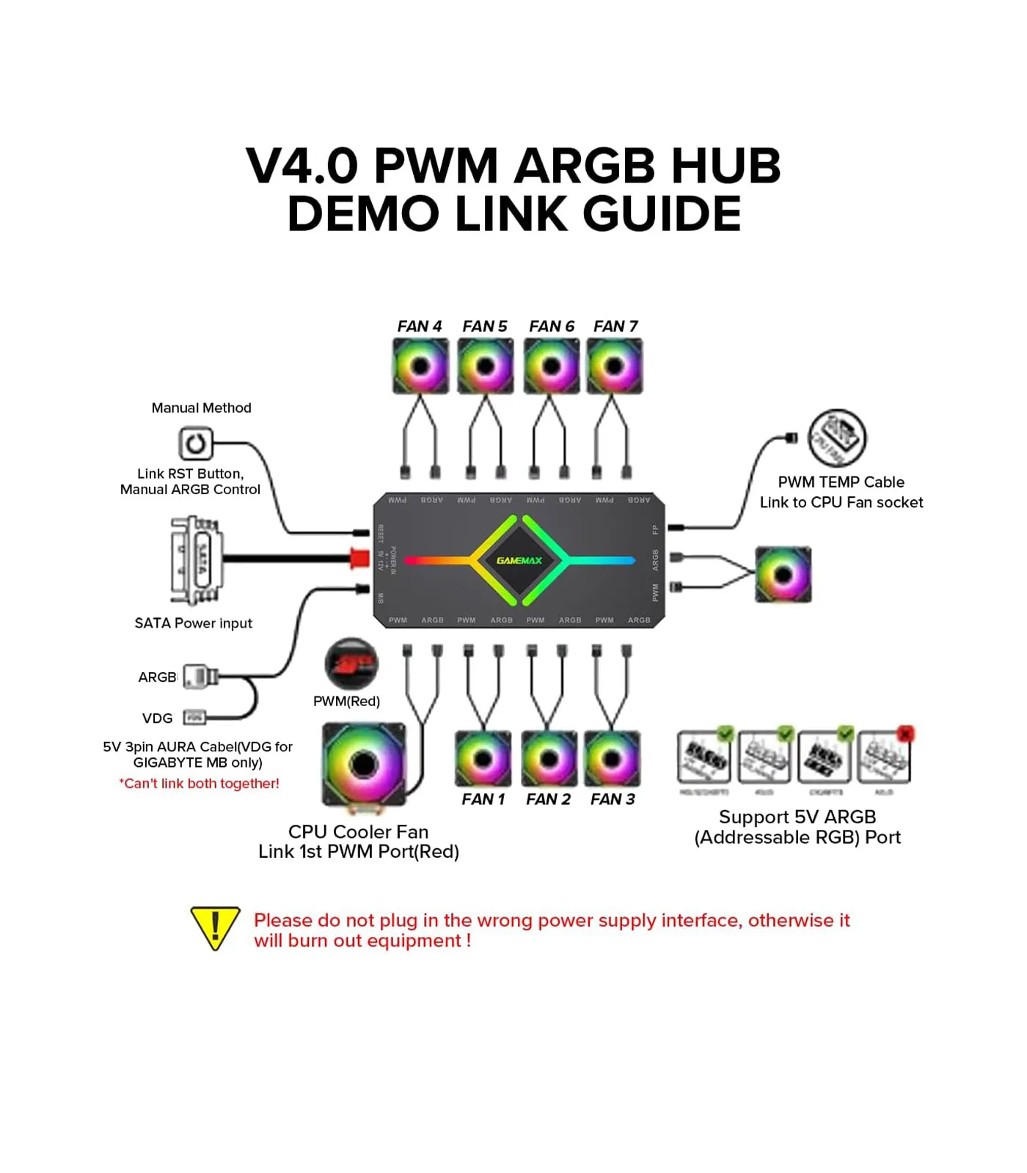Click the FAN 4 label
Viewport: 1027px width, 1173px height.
[x=419, y=326]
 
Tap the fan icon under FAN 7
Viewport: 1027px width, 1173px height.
[x=615, y=366]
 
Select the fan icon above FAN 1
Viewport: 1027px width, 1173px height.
[x=483, y=759]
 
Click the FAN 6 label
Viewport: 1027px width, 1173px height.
[x=552, y=326]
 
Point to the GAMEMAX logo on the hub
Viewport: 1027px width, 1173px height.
[x=519, y=561]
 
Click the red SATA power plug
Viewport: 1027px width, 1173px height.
[x=359, y=559]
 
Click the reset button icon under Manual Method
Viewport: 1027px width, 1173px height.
[x=195, y=444]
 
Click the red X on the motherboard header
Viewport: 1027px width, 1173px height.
[x=905, y=734]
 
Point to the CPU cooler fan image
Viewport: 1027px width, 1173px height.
[x=364, y=765]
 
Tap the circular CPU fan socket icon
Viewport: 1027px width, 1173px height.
[x=837, y=438]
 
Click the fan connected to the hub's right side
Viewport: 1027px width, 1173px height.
[x=783, y=575]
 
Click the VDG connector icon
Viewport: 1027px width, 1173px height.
[x=194, y=717]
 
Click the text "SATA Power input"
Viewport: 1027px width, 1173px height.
[x=193, y=623]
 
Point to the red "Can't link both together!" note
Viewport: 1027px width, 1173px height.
[x=199, y=784]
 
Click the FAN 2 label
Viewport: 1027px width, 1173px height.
[x=548, y=799]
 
